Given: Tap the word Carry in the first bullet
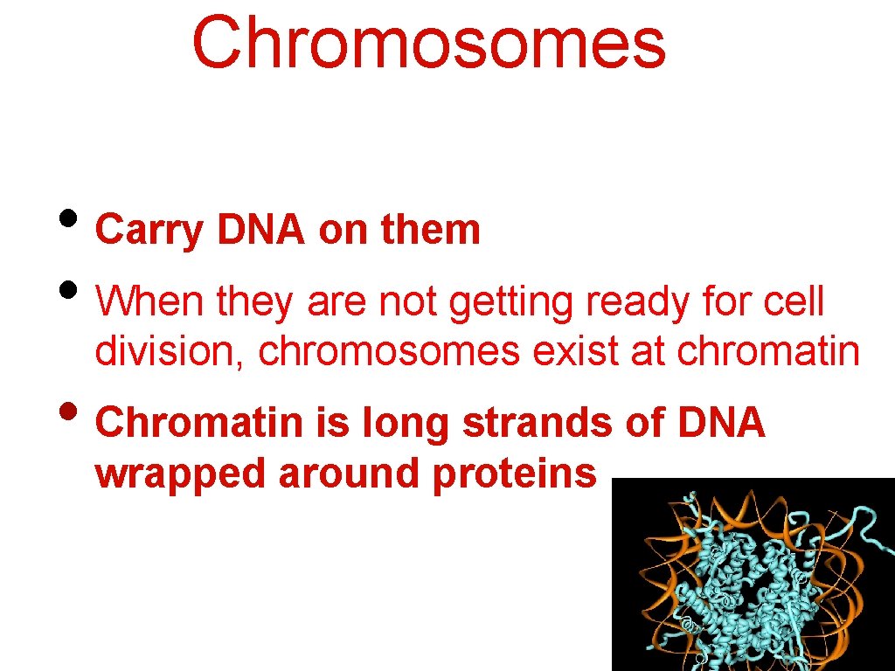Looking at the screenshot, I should [x=149, y=231].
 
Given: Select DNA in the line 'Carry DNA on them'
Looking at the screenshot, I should [x=260, y=231].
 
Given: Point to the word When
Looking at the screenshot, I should [x=149, y=302].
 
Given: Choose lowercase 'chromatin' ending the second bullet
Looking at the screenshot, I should [x=768, y=351].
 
